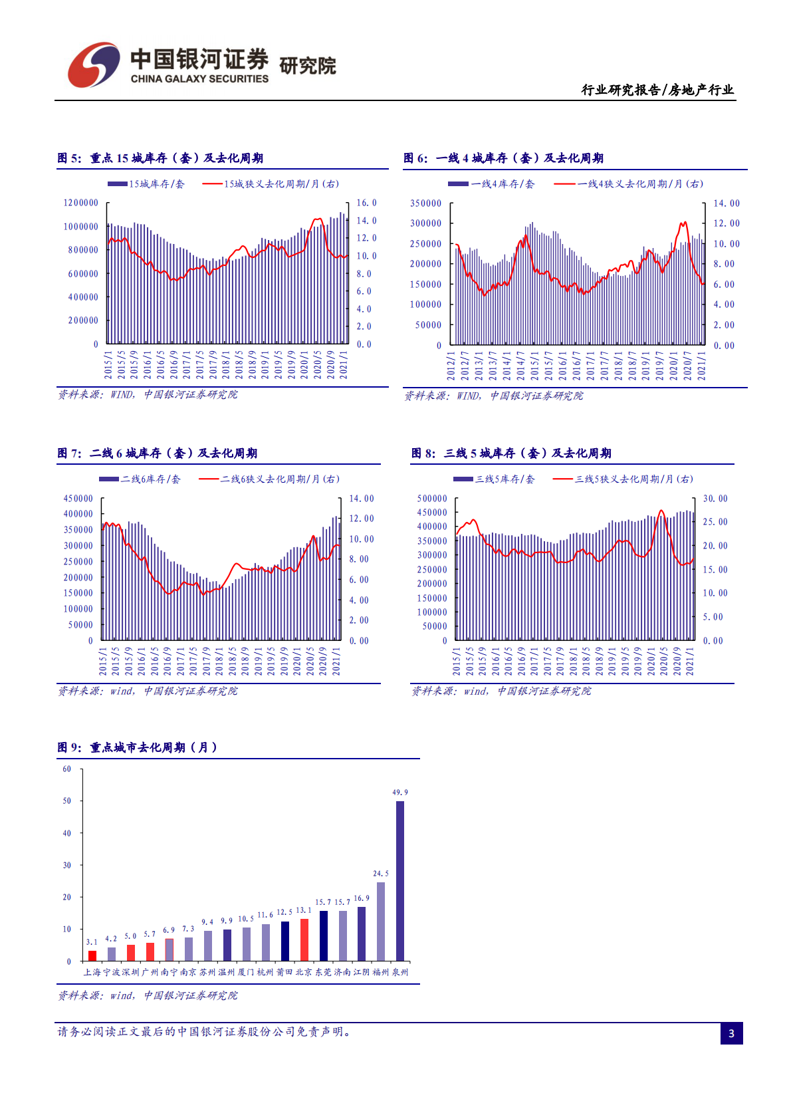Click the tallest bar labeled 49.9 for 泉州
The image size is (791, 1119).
click(x=399, y=880)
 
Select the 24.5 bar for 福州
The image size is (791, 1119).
click(x=380, y=921)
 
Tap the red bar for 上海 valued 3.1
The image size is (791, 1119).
click(x=92, y=955)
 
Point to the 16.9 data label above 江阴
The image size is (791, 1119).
click(x=362, y=898)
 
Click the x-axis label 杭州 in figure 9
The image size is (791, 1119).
click(x=265, y=972)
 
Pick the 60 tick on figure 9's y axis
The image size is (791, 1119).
click(x=66, y=769)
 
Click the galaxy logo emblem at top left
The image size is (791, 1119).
click(x=93, y=65)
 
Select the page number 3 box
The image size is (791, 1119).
click(x=731, y=1033)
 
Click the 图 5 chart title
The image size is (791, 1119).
click(x=160, y=158)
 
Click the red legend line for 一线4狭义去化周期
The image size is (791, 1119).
click(x=565, y=184)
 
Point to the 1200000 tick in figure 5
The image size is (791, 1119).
click(x=81, y=203)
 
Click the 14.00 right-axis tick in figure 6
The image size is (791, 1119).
click(x=726, y=203)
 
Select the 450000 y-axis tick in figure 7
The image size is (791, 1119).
click(x=78, y=499)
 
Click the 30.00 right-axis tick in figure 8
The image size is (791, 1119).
click(x=715, y=499)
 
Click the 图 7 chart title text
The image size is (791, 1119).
click(x=157, y=453)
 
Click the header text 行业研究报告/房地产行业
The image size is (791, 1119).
click(x=657, y=90)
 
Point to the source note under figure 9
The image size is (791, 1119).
click(x=148, y=995)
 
